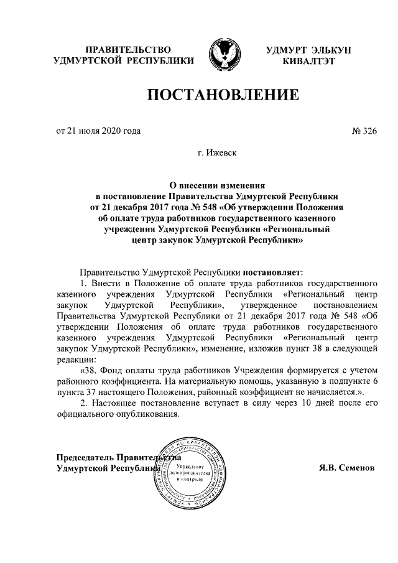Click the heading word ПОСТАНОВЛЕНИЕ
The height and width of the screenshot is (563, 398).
222,95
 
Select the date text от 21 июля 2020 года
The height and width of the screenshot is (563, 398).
98,131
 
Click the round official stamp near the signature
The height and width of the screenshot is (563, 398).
190,470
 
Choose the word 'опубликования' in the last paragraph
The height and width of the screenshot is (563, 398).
149,416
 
